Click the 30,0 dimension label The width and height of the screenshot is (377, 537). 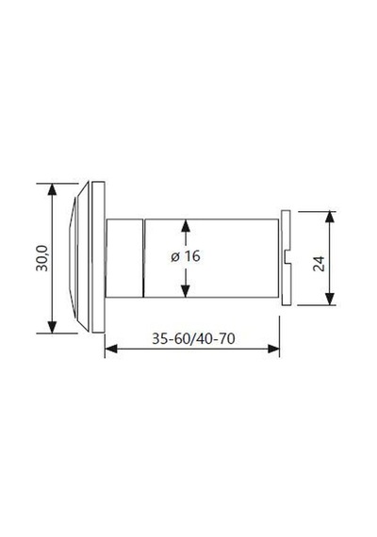click(42, 258)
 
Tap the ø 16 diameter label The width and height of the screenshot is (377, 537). click(186, 256)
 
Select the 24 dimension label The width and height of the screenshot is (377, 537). click(319, 263)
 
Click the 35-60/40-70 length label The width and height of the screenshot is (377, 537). click(193, 339)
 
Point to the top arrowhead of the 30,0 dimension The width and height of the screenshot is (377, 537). click(52, 189)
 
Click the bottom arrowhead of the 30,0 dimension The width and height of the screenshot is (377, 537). click(52, 327)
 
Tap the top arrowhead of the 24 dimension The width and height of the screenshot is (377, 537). click(329, 218)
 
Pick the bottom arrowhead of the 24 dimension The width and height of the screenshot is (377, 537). click(329, 299)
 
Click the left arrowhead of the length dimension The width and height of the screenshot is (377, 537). click(111, 349)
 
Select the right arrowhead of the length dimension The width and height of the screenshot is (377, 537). click(273, 349)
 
